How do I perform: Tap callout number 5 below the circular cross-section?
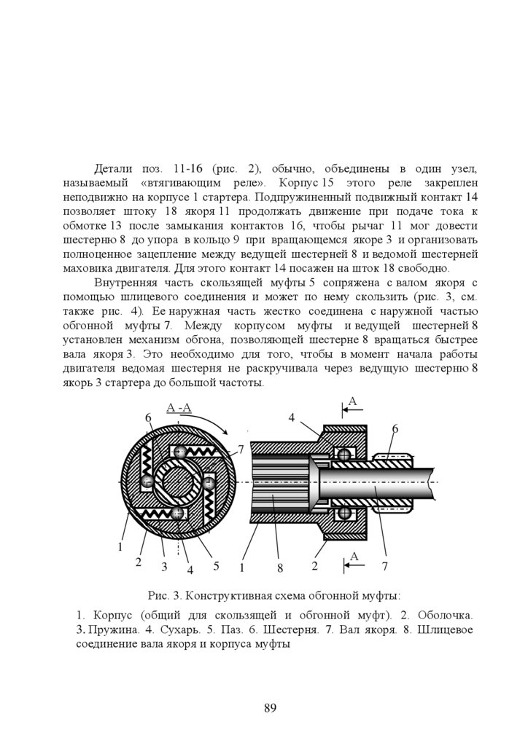point(217,565)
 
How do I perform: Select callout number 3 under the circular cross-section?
point(165,567)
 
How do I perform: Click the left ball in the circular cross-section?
point(147,482)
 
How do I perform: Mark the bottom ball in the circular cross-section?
point(177,513)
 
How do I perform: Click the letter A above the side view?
point(353,401)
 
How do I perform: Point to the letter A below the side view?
point(354,557)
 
